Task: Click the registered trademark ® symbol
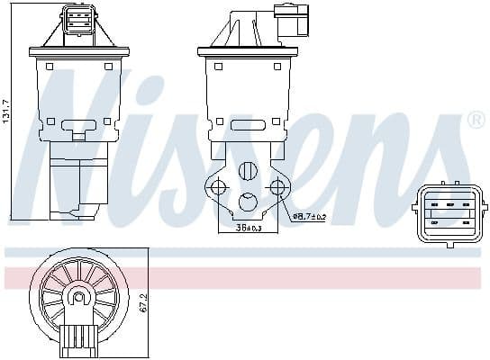475,120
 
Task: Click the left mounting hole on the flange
216,187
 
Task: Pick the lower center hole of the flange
248,201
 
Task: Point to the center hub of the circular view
79,297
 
